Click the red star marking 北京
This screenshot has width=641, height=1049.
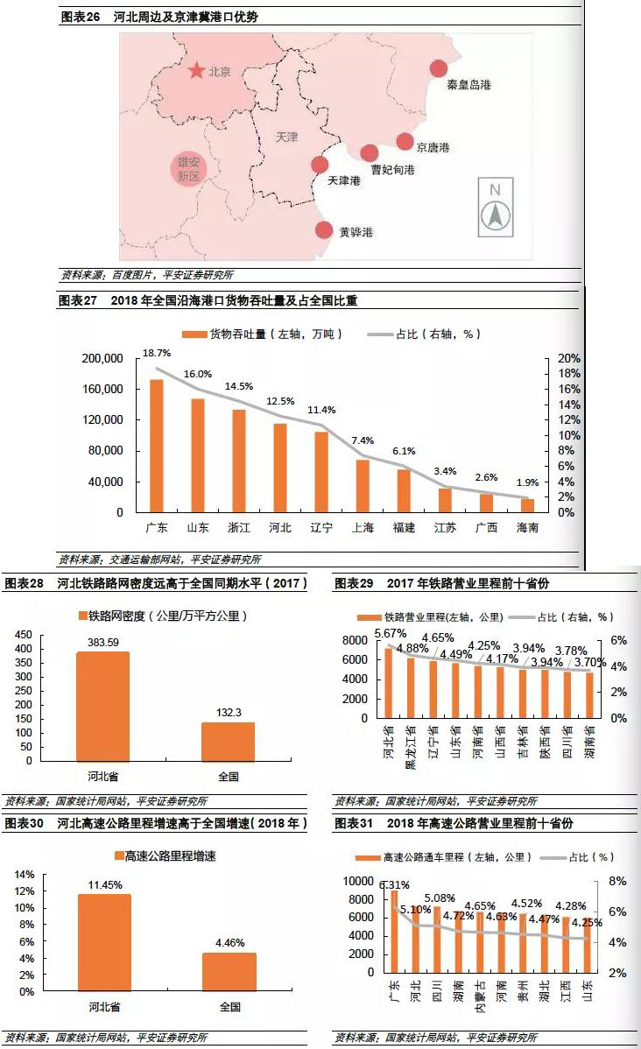coord(195,70)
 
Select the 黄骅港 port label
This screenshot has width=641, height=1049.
coord(356,232)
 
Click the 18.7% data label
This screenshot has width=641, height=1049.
coord(157,352)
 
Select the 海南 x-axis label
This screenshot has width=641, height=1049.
coord(527,528)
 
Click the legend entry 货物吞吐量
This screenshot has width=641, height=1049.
coord(264,334)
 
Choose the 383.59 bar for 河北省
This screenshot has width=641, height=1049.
coord(104,706)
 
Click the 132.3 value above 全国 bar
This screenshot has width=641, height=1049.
coord(229,714)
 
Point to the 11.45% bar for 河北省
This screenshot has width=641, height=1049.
coord(104,942)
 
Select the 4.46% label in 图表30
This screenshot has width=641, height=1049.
coord(229,943)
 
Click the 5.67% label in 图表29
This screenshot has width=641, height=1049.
coord(389,633)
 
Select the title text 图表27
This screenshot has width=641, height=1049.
coord(77,300)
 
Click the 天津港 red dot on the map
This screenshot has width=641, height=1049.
coord(320,165)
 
